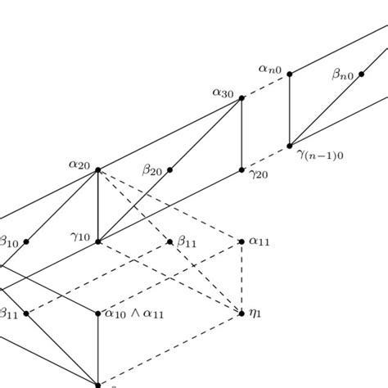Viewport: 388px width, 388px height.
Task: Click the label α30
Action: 223,93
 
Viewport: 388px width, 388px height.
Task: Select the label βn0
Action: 343,75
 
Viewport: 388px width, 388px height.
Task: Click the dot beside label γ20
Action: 242,170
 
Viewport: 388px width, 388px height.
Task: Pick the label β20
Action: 152,170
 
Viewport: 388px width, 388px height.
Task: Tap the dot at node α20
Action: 98,170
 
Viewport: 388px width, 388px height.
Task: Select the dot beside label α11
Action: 242,241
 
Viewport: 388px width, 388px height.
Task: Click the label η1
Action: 257,313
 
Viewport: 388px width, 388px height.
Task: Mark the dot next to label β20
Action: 170,170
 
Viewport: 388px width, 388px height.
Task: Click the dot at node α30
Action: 242,98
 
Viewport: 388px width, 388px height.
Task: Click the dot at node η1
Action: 242,313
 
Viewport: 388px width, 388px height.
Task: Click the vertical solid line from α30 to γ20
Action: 242,134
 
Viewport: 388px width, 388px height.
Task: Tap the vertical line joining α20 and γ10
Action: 98,206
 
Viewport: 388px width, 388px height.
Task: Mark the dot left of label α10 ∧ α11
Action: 98,313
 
